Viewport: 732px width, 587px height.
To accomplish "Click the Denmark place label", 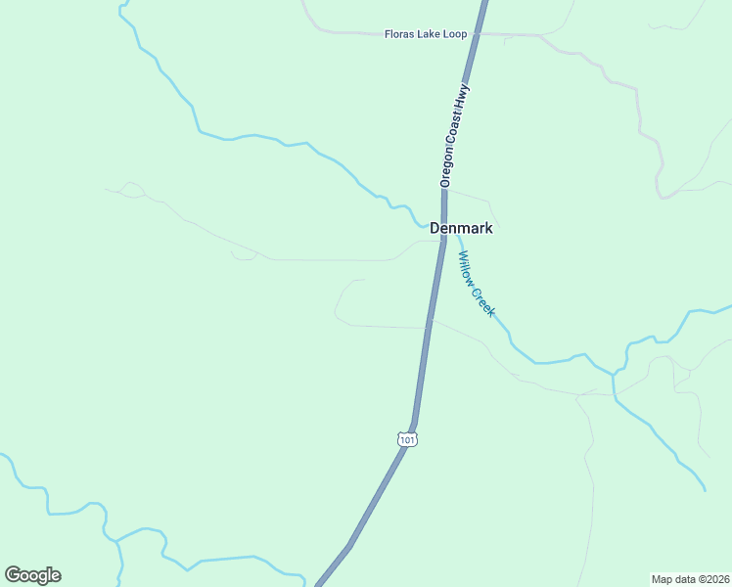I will (x=461, y=228).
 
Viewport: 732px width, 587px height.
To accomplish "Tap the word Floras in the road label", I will (x=401, y=34).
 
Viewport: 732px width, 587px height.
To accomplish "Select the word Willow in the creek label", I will (x=467, y=269).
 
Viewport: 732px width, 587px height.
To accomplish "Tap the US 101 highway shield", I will (x=408, y=440).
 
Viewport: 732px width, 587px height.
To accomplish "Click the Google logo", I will (x=32, y=575).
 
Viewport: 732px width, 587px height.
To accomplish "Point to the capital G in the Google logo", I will (x=13, y=575).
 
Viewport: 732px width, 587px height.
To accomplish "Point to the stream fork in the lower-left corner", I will (x=116, y=540).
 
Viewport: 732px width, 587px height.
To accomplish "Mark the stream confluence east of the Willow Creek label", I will (x=614, y=374).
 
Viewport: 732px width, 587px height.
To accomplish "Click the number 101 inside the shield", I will (x=408, y=440).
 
